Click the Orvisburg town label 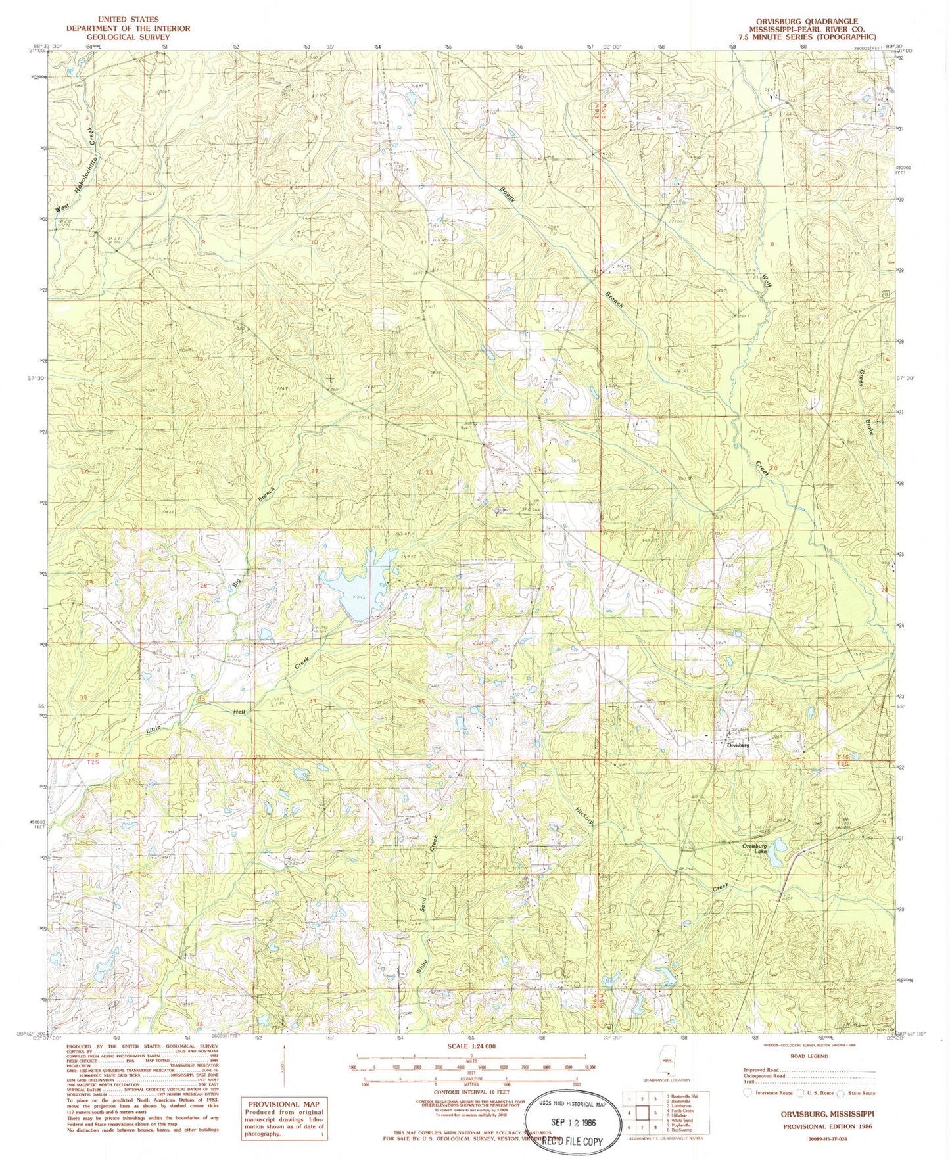click(x=738, y=745)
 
